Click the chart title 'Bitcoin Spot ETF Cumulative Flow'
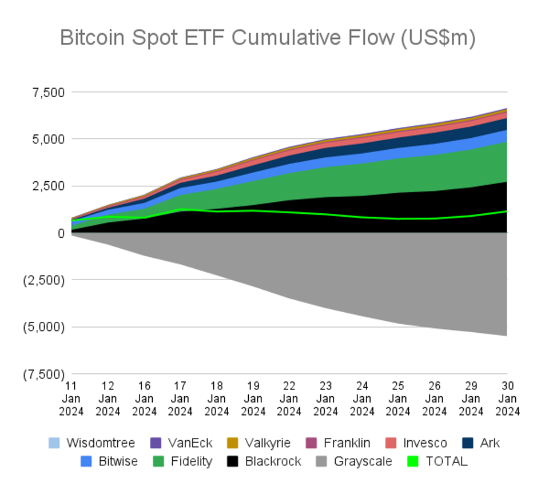268,38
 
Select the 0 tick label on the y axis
59,233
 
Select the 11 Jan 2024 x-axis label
72,398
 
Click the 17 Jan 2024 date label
181,398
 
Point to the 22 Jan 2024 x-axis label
289,398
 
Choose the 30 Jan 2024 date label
507,398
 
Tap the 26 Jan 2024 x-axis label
434,398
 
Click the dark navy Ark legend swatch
469,443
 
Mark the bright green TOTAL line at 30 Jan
507,211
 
